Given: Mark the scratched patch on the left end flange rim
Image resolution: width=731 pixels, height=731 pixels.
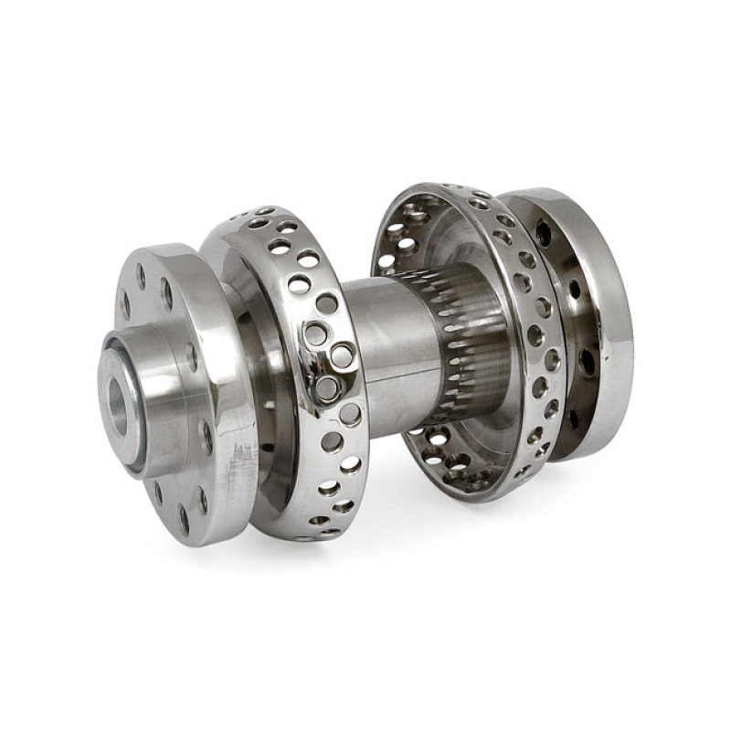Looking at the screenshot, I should (239, 471).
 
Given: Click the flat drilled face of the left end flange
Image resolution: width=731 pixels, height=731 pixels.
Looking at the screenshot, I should (196, 302).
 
